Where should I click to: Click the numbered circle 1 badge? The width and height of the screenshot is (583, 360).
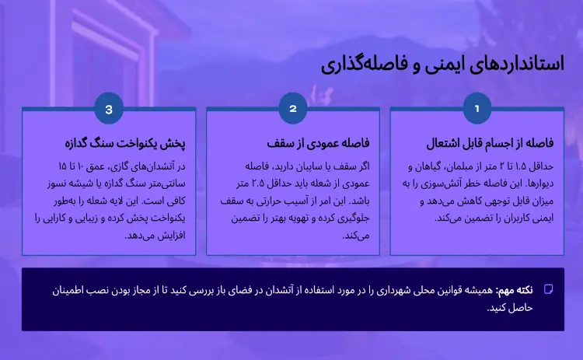(x=477, y=109)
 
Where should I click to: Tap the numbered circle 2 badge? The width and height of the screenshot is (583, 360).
(x=293, y=109)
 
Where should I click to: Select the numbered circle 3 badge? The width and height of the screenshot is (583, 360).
(x=109, y=109)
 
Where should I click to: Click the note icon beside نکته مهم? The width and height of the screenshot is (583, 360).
(x=548, y=289)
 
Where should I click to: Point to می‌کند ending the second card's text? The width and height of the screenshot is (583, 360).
(x=354, y=235)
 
